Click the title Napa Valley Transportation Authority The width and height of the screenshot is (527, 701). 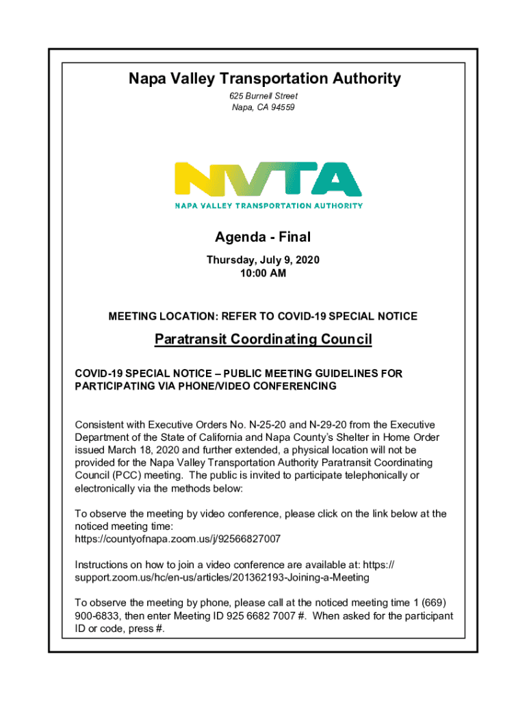pos(264,79)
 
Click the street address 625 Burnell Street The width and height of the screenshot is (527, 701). pos(263,97)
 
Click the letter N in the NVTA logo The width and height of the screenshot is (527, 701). pos(196,179)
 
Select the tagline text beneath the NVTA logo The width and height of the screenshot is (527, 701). pos(269,205)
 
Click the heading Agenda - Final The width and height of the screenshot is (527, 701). pos(263,238)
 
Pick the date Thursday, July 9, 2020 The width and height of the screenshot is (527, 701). pos(263,260)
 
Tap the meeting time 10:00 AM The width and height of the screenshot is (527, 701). pos(263,273)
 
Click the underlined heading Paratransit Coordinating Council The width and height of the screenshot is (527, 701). pos(263,340)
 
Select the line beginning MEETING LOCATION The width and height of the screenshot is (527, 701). pos(263,316)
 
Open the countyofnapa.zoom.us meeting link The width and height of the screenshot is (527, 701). pos(178,539)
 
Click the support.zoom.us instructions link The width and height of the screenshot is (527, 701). pos(222,577)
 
